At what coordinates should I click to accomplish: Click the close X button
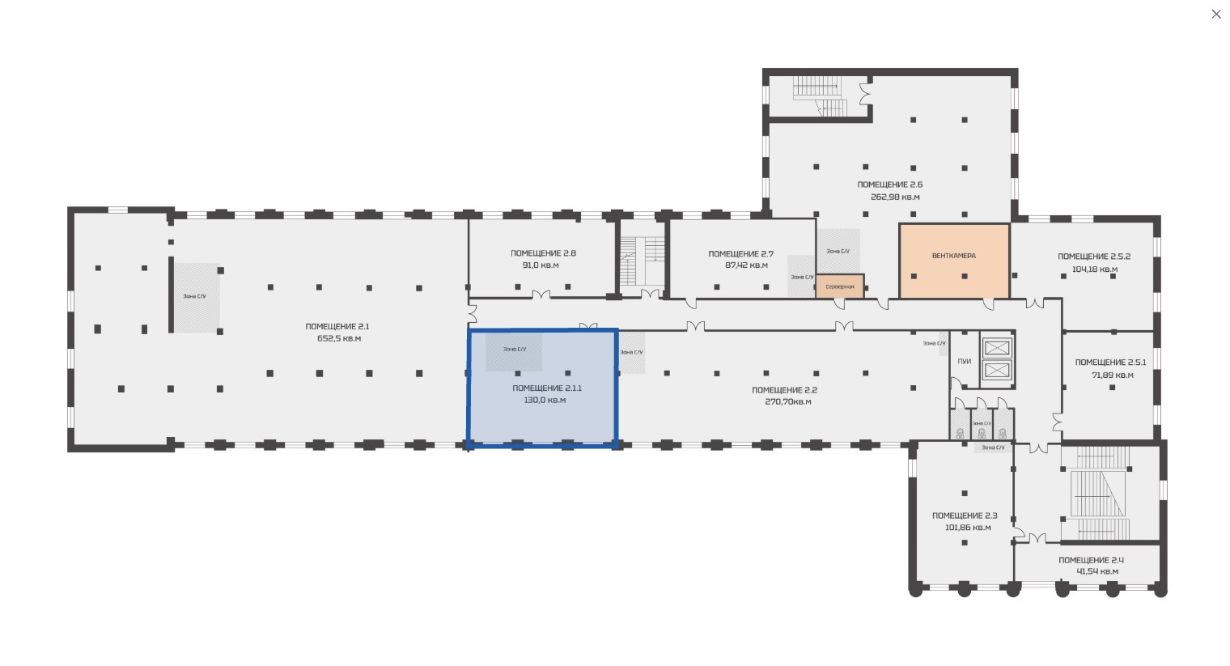point(1215,14)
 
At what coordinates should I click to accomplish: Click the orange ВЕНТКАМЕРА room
point(954,261)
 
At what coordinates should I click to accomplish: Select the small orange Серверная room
point(840,286)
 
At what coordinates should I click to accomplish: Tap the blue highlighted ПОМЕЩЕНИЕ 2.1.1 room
point(542,388)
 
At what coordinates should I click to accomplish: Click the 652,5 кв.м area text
point(339,338)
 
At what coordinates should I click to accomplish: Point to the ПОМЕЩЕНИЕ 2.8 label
point(543,253)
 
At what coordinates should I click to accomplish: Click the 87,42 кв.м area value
point(746,265)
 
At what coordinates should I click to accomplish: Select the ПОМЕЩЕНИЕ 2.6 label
point(889,185)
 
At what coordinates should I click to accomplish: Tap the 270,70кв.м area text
point(788,401)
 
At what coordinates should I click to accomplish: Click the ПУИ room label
point(965,361)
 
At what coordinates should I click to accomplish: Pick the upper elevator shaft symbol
point(997,347)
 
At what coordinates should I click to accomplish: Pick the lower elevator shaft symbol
point(997,370)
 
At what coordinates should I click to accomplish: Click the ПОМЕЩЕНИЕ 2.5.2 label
point(1094,257)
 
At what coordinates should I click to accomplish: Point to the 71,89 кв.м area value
point(1113,375)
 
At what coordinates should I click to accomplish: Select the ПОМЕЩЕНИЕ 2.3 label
point(965,515)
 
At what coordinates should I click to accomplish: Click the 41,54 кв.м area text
point(1097,571)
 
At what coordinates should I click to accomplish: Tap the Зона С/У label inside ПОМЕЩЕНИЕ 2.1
point(194,296)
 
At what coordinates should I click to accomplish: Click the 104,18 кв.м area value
point(1094,269)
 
